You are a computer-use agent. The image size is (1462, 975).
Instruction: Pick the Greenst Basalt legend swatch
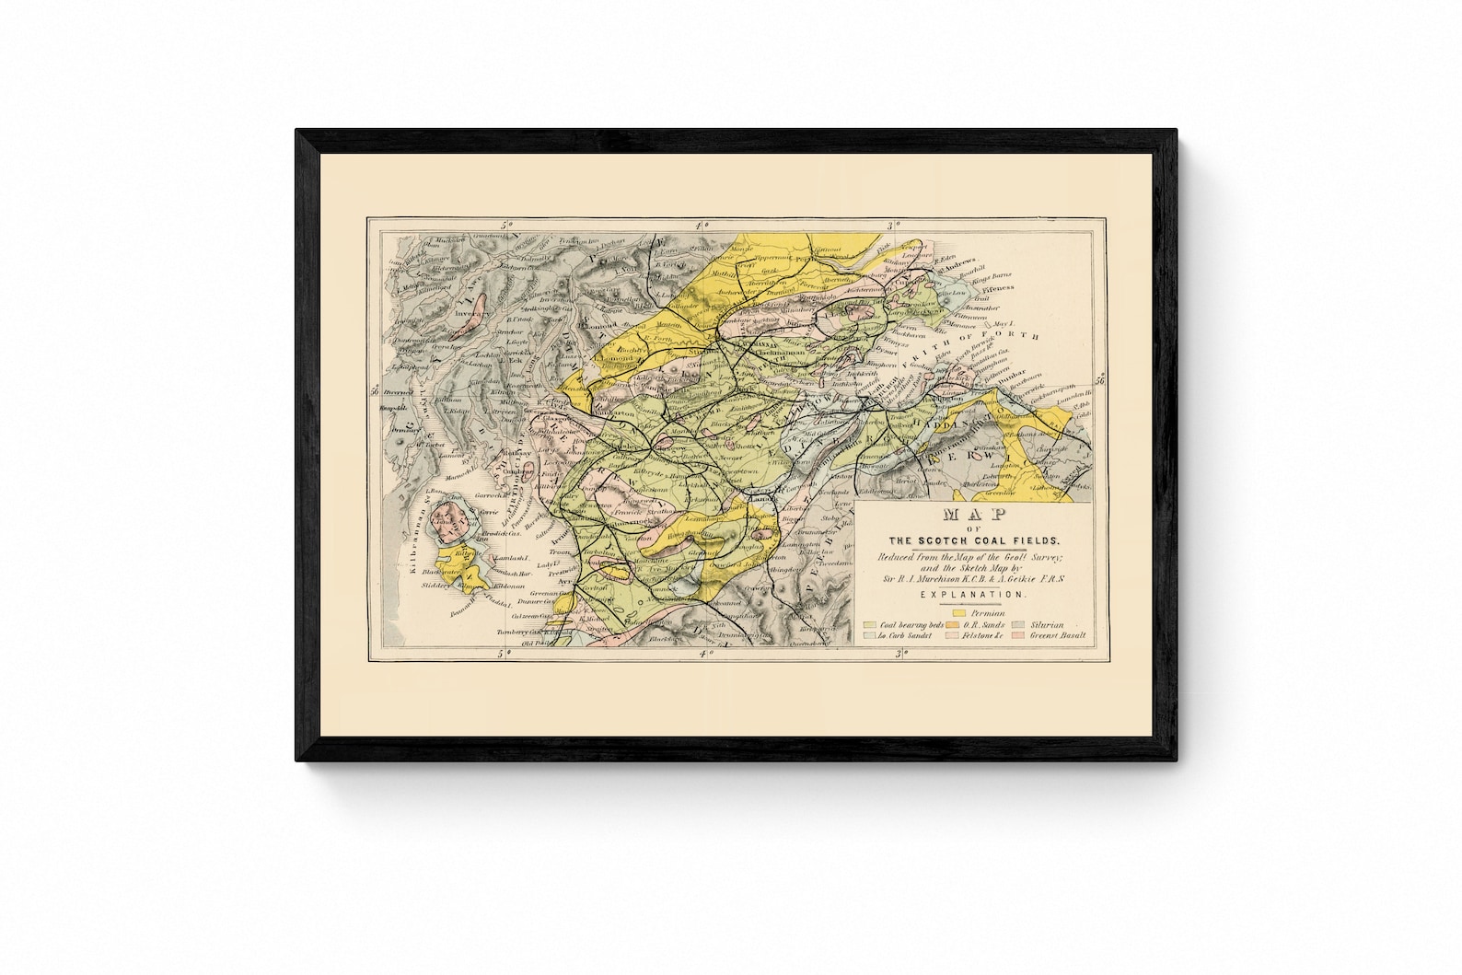tap(1019, 635)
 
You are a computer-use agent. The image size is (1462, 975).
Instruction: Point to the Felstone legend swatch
tap(949, 635)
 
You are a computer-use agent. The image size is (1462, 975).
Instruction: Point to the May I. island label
tap(1001, 324)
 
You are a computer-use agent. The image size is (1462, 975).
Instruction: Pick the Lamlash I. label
tap(508, 559)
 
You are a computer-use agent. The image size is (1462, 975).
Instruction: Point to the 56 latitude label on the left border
tap(374, 390)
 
